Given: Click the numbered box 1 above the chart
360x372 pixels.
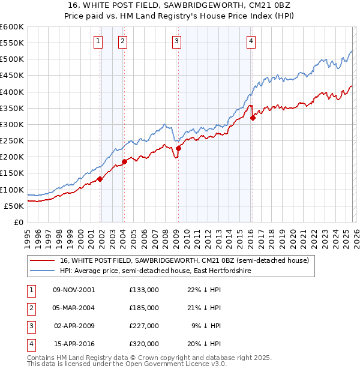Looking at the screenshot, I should point(98,41).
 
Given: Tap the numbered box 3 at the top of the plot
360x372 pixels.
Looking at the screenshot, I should point(177,41).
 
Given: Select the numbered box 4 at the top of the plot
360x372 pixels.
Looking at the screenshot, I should point(251,41).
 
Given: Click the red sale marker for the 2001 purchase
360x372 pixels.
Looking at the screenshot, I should point(100,178).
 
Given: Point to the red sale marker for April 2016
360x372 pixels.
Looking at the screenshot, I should point(253,118).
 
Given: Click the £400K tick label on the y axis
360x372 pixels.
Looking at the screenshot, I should point(11,92).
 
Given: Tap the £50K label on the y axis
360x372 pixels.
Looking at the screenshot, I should point(14,206).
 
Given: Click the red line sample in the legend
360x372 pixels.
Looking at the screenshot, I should point(43,260).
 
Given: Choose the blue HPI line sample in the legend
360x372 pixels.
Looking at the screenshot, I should point(43,271).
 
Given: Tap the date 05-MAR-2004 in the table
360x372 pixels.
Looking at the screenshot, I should point(74,308).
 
